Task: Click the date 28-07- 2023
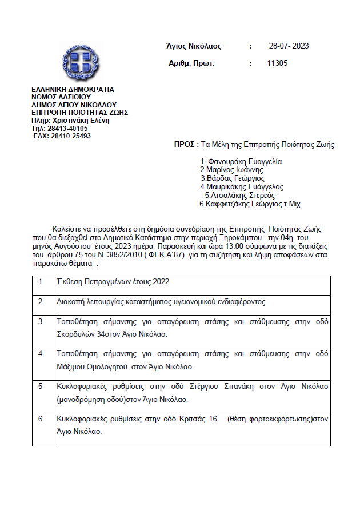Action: [289, 46]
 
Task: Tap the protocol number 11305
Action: [277, 63]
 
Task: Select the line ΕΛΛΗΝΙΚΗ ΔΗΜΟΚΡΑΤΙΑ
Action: [73, 89]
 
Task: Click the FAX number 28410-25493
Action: [70, 136]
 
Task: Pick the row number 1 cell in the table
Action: [41, 282]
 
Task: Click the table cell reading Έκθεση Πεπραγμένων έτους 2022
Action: [113, 282]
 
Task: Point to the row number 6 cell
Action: [41, 419]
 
